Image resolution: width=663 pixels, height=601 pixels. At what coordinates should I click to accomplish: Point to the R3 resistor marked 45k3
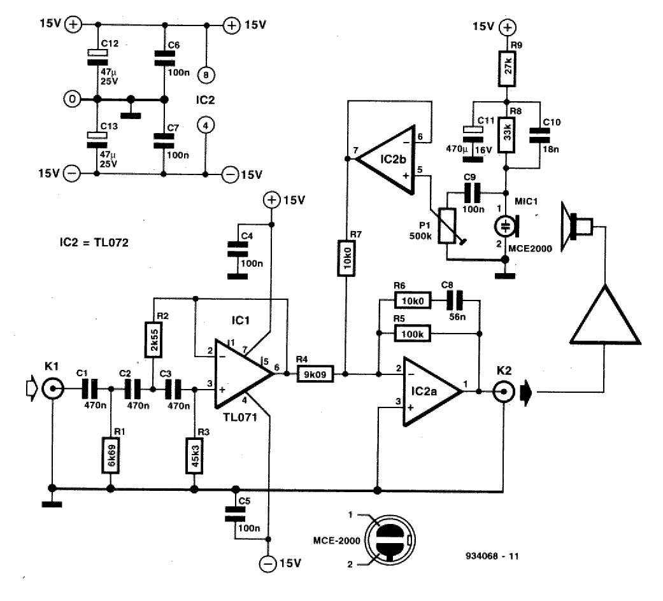pos(193,454)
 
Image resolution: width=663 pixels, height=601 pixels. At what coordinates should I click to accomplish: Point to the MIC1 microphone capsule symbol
pos(507,227)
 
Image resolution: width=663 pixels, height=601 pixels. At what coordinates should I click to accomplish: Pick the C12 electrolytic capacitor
pos(97,55)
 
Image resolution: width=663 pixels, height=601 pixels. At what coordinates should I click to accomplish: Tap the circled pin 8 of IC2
pos(206,75)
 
